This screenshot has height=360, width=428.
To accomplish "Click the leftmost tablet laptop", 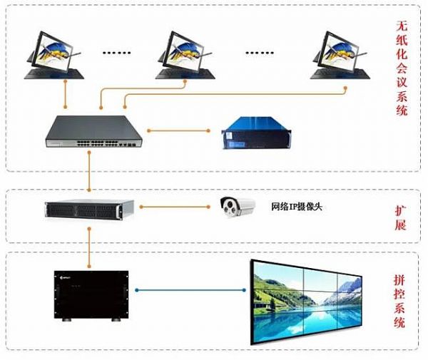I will click(x=55, y=53).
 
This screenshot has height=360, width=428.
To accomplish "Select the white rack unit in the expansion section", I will click(x=89, y=208).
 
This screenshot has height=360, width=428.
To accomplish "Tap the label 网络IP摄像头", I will click(x=300, y=207).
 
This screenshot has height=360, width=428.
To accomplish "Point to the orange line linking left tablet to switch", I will click(x=66, y=96).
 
